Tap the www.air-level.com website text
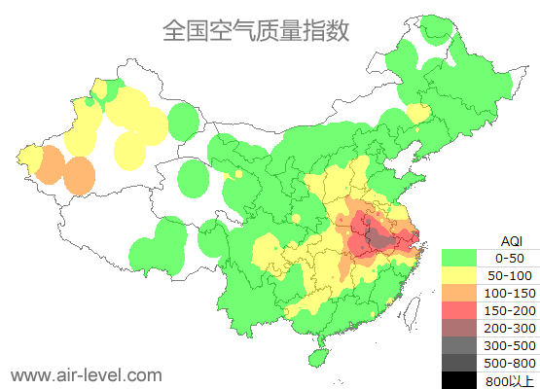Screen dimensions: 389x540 (x=86, y=374)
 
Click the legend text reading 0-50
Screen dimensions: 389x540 (x=510, y=258)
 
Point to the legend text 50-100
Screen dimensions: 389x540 (x=510, y=275)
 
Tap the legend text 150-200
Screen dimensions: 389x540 (x=510, y=310)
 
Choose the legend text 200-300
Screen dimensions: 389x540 (x=510, y=328)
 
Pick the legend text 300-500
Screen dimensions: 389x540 (x=510, y=345)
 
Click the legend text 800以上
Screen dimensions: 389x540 (x=510, y=380)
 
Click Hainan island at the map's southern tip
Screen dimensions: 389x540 (x=314, y=356)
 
